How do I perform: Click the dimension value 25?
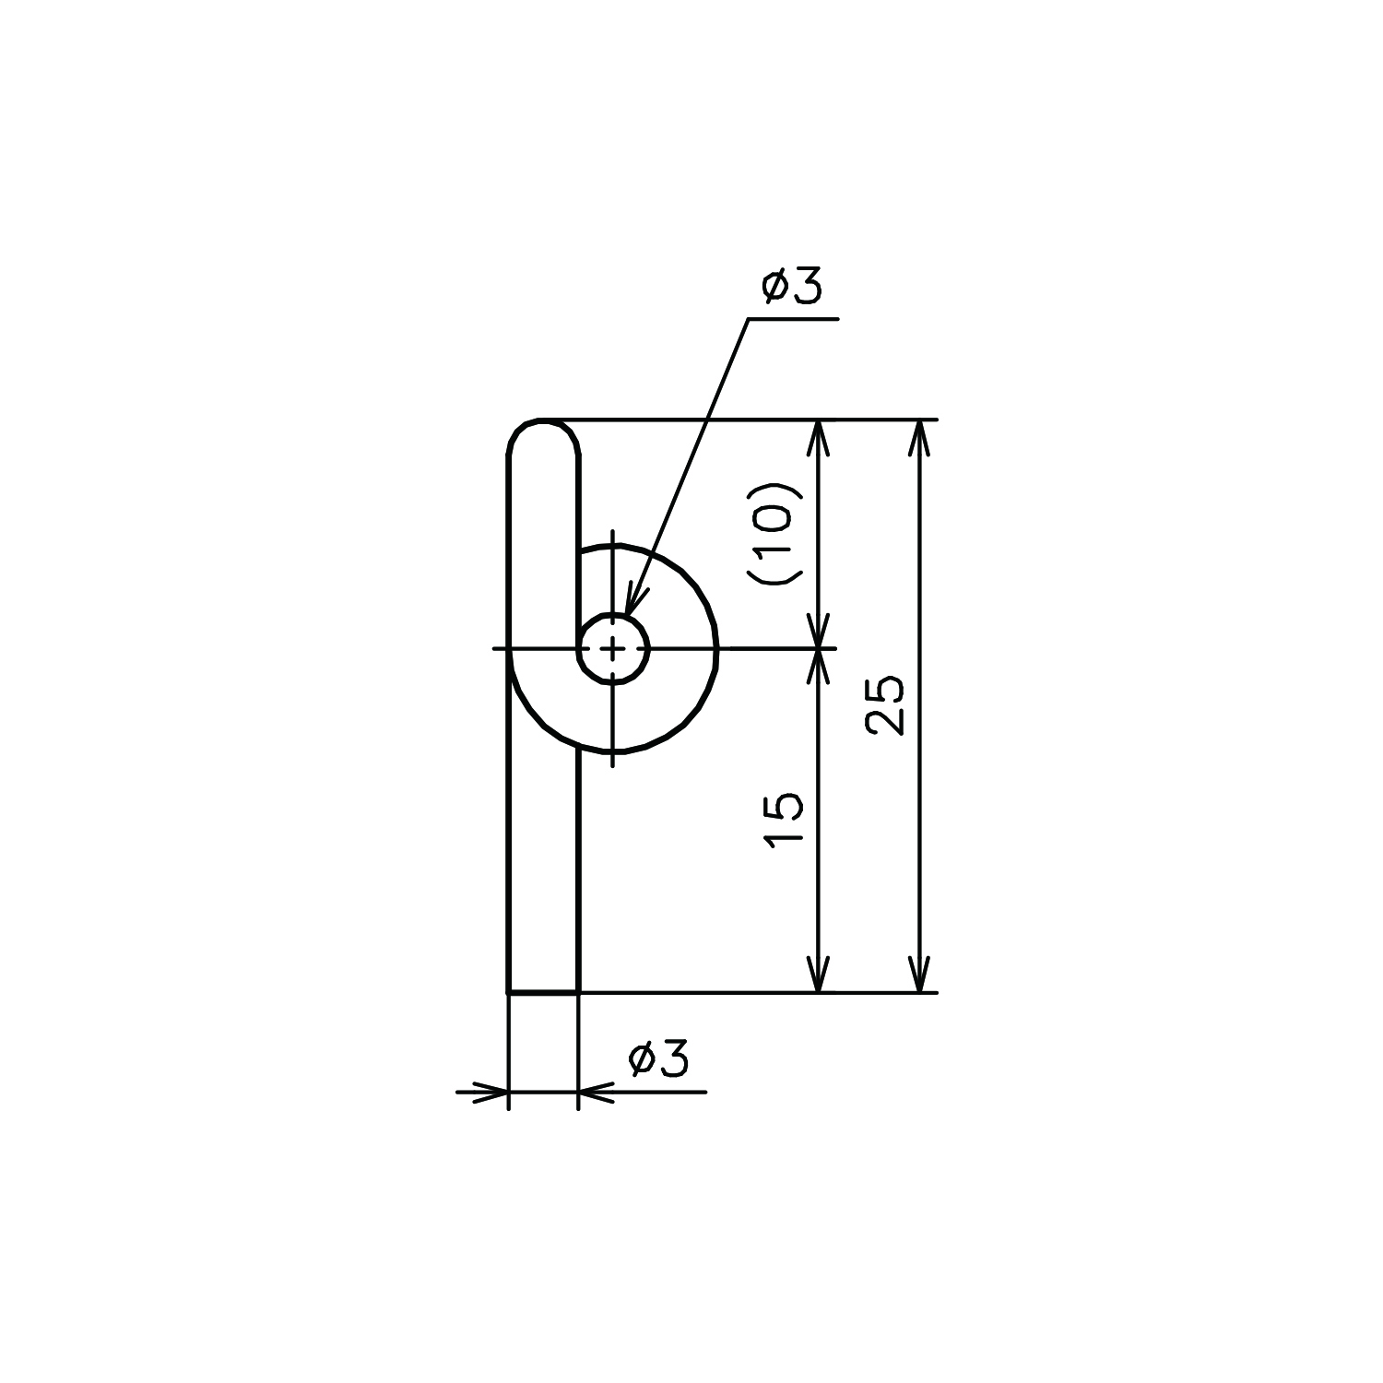click(x=886, y=705)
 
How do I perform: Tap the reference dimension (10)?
click(x=773, y=534)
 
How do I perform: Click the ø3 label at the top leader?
click(x=791, y=288)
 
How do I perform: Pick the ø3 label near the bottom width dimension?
click(x=658, y=1060)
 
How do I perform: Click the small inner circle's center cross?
click(x=613, y=649)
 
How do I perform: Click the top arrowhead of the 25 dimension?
click(x=918, y=438)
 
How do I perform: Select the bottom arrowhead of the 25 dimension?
click(x=918, y=975)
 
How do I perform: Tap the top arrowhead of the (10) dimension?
click(x=819, y=438)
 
